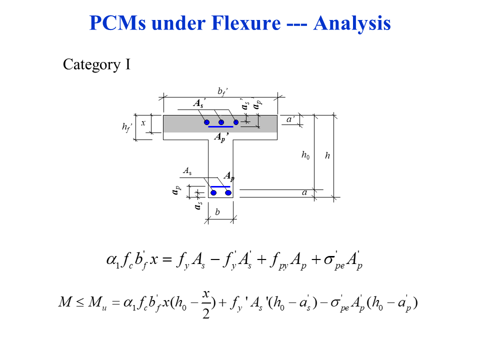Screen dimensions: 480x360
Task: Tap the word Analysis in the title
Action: [352, 23]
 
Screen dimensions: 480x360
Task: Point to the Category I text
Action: [96, 64]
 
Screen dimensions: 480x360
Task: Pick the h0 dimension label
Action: [305, 155]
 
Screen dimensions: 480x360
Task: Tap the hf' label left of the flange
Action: [127, 127]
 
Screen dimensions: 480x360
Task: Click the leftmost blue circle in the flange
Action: [206, 122]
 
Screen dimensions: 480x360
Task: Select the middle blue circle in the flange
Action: [221, 122]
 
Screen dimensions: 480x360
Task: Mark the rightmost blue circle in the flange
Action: [236, 122]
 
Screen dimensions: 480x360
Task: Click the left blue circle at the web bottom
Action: [213, 192]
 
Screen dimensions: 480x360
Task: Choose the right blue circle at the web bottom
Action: [228, 192]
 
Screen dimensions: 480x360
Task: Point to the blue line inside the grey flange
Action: [220, 127]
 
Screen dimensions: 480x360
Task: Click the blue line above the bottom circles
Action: [220, 186]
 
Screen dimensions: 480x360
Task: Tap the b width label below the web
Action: [217, 212]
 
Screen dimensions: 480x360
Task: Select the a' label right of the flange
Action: [290, 119]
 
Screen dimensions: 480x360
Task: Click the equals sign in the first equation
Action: [167, 260]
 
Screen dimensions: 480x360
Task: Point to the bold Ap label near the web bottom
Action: [229, 176]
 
